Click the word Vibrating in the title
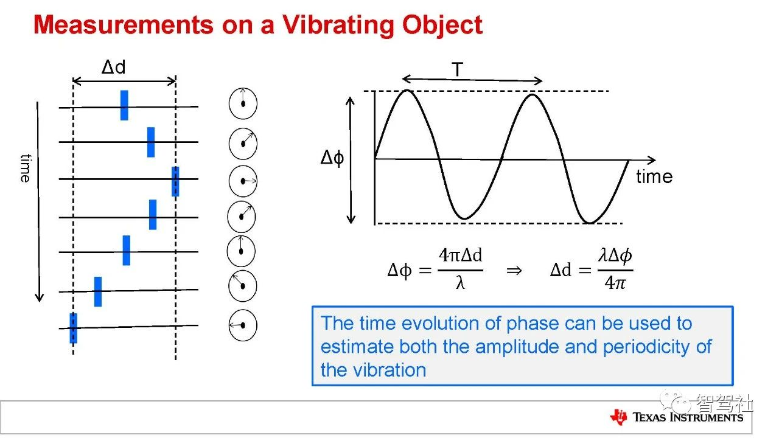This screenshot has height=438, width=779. [339, 24]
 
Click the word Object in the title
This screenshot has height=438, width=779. [442, 25]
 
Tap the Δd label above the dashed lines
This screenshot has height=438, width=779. [113, 67]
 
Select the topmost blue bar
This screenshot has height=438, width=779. [124, 105]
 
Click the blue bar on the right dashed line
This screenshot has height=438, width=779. [176, 181]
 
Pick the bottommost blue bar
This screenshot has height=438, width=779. [74, 328]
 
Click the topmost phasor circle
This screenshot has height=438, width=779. [243, 103]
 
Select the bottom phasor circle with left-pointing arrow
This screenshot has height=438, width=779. [243, 325]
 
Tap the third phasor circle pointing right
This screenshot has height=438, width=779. [243, 181]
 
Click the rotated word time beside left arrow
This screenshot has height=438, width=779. [26, 169]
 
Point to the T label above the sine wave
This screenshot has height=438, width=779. [458, 69]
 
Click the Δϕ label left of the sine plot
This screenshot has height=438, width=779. [332, 158]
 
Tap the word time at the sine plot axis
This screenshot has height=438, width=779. [654, 176]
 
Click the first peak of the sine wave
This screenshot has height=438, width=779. [407, 91]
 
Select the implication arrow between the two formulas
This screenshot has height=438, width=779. [514, 271]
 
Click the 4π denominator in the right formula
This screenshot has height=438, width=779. [615, 283]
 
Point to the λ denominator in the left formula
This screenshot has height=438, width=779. [460, 283]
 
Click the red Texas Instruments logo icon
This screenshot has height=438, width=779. [618, 417]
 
